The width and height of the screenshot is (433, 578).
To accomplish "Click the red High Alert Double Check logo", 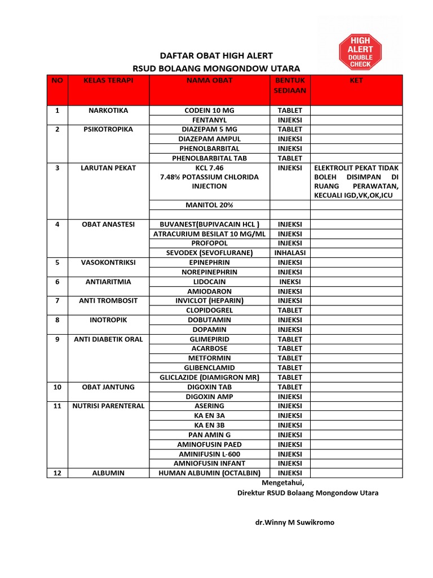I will click(359, 51).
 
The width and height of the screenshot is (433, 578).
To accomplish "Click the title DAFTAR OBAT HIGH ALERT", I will click(216, 55).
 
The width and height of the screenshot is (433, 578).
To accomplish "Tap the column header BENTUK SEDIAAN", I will click(290, 85).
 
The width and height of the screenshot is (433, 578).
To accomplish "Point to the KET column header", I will click(356, 81).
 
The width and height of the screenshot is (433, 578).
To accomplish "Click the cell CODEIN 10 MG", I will click(209, 111).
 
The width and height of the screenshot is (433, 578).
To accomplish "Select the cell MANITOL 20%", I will click(209, 205).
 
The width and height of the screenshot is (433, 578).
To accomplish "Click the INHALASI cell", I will click(290, 253).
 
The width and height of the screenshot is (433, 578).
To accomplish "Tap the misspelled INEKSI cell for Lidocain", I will click(290, 282).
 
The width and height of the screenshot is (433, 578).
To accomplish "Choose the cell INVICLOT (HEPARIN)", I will click(209, 301).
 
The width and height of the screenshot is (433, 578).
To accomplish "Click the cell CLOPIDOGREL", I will click(209, 310).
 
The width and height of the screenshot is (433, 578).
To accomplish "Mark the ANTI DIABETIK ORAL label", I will click(108, 339).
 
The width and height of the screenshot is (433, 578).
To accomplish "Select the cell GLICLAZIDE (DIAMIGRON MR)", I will click(209, 378).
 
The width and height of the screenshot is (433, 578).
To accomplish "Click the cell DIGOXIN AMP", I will click(209, 397).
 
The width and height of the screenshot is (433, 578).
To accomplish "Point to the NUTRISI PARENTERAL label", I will click(108, 406).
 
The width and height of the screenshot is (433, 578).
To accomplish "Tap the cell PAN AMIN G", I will click(209, 435).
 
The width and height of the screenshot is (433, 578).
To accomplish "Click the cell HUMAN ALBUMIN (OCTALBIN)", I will click(209, 473).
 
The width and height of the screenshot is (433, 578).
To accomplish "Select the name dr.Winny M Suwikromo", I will click(294, 522).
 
